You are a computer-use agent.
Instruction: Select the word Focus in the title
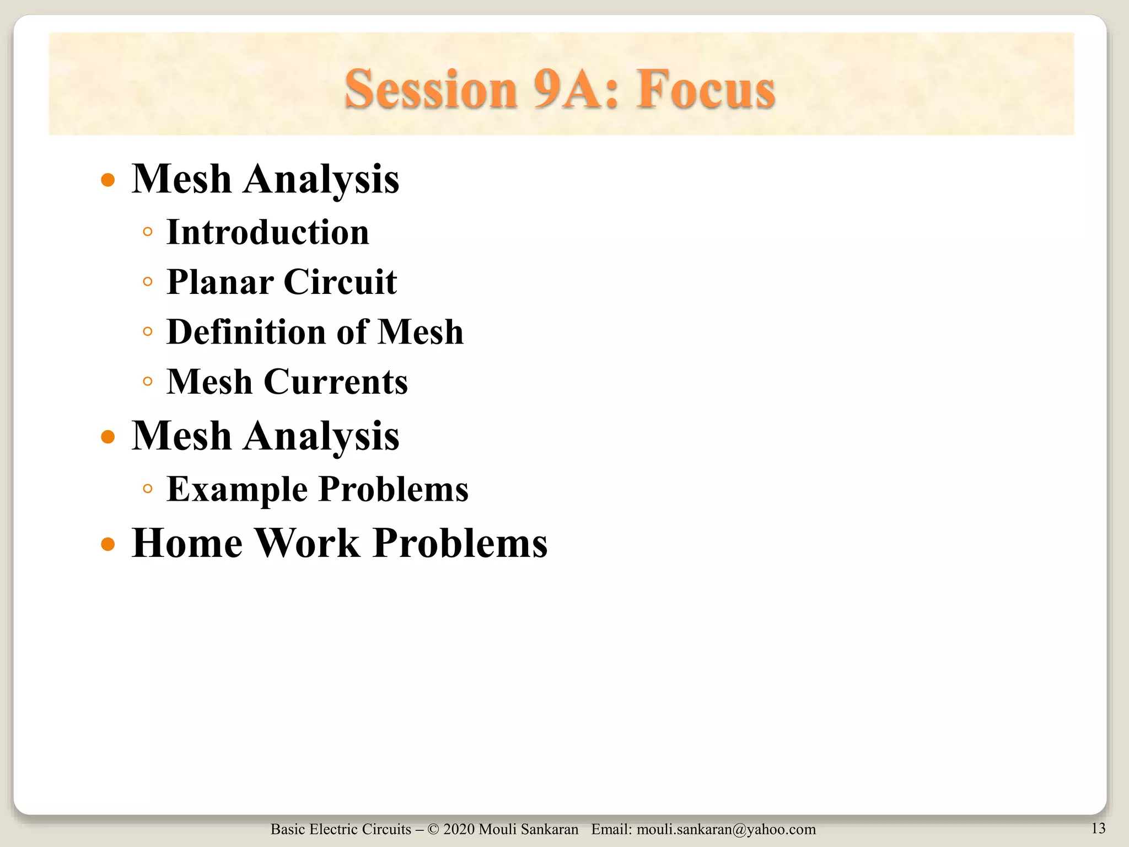(x=706, y=89)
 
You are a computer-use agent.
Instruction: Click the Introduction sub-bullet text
(x=268, y=232)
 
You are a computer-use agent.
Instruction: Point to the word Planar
(x=220, y=282)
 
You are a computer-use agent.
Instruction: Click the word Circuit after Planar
(x=340, y=282)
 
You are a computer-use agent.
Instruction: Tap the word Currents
(x=336, y=382)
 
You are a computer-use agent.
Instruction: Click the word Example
(x=237, y=489)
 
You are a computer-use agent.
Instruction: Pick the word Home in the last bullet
(x=187, y=543)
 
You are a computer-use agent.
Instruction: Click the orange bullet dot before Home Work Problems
(x=108, y=545)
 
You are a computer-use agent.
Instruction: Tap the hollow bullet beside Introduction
(x=147, y=232)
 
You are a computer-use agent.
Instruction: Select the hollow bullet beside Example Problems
(x=147, y=489)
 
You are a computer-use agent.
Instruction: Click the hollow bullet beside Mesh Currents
(x=147, y=381)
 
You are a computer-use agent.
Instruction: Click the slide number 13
(x=1098, y=828)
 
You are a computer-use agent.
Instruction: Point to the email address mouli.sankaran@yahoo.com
(x=726, y=829)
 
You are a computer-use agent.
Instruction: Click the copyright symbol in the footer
(x=433, y=829)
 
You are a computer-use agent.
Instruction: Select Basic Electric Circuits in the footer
(x=341, y=829)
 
